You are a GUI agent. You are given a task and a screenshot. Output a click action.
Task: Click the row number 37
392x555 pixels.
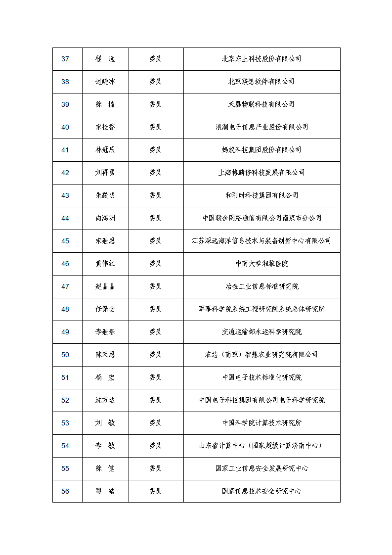(x=65, y=59)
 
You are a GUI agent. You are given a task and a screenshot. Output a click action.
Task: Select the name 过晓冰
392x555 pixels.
(x=105, y=82)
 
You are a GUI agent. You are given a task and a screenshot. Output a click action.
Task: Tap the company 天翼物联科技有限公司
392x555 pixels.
(x=261, y=104)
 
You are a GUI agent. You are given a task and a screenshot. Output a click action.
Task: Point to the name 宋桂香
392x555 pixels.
(x=105, y=127)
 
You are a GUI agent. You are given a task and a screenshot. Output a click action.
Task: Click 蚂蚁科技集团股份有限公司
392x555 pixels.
(x=261, y=150)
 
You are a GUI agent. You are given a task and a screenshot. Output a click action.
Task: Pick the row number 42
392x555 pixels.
(x=65, y=173)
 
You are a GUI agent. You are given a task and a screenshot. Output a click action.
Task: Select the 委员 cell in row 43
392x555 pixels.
(x=155, y=195)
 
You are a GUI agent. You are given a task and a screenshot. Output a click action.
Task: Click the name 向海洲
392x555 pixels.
(x=105, y=218)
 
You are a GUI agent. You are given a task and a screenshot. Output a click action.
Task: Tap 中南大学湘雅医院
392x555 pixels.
(x=261, y=264)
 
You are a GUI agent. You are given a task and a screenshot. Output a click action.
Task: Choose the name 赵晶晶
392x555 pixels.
(x=105, y=286)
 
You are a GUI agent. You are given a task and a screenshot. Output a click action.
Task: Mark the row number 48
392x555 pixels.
(x=65, y=309)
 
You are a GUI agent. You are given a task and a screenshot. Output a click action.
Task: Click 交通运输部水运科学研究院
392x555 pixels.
(x=261, y=332)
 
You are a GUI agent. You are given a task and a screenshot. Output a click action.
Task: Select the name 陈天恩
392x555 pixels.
(x=105, y=355)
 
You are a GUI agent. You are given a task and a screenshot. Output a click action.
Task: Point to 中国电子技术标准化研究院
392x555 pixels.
(x=261, y=377)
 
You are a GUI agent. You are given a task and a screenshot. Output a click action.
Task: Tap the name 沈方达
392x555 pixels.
(x=105, y=400)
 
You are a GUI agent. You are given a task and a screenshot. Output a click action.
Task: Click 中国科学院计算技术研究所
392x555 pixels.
(x=261, y=423)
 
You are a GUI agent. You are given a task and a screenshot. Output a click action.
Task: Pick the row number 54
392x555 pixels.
(x=65, y=446)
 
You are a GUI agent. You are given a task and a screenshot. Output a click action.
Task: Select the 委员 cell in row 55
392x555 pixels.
(x=155, y=468)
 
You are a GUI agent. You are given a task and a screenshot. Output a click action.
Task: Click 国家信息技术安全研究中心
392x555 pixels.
(x=261, y=491)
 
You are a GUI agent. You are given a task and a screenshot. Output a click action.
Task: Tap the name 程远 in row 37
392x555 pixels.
(x=105, y=59)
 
